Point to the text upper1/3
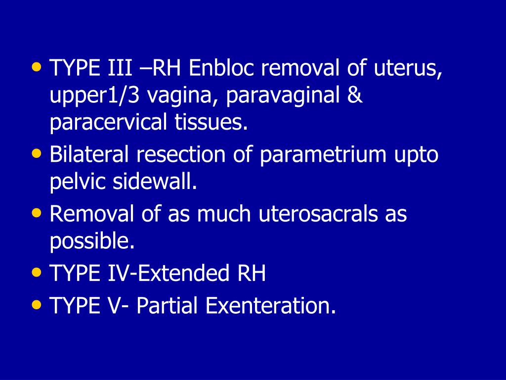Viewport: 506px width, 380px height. click(x=94, y=95)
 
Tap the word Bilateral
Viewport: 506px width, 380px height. click(x=89, y=154)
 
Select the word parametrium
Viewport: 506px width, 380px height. click(x=322, y=154)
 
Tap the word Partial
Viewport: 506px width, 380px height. click(x=168, y=306)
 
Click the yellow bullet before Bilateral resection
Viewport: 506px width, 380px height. click(x=37, y=153)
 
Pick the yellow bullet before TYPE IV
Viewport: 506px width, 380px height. click(x=37, y=272)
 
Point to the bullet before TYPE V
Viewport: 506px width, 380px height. click(x=37, y=304)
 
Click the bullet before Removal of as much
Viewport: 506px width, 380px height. click(x=37, y=212)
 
